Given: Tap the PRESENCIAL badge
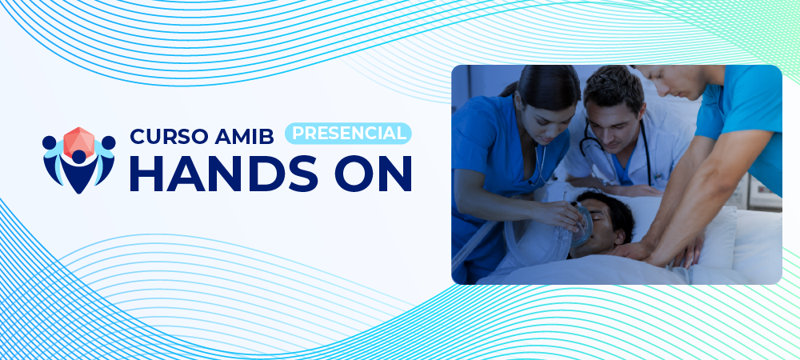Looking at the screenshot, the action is click(348, 133).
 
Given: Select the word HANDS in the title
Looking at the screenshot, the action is click(224, 174).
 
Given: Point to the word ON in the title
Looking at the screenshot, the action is click(374, 174).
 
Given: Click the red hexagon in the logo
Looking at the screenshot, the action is click(78, 142).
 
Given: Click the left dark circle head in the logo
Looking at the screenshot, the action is click(49, 142).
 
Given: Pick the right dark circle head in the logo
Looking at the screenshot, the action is click(108, 142).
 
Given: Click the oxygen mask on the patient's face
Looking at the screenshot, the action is click(582, 225).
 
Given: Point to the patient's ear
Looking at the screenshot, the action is click(619, 235).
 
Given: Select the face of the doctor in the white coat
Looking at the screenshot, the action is click(615, 122).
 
